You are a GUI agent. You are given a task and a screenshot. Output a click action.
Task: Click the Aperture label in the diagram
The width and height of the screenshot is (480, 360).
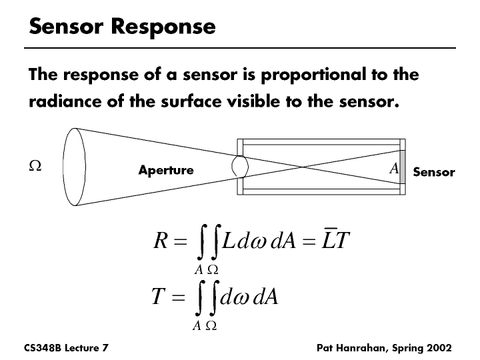[x=165, y=170]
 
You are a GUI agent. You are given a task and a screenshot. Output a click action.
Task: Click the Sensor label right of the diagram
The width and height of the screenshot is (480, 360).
[x=433, y=172]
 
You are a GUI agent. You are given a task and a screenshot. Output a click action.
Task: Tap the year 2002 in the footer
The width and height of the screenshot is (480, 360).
[x=437, y=348]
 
